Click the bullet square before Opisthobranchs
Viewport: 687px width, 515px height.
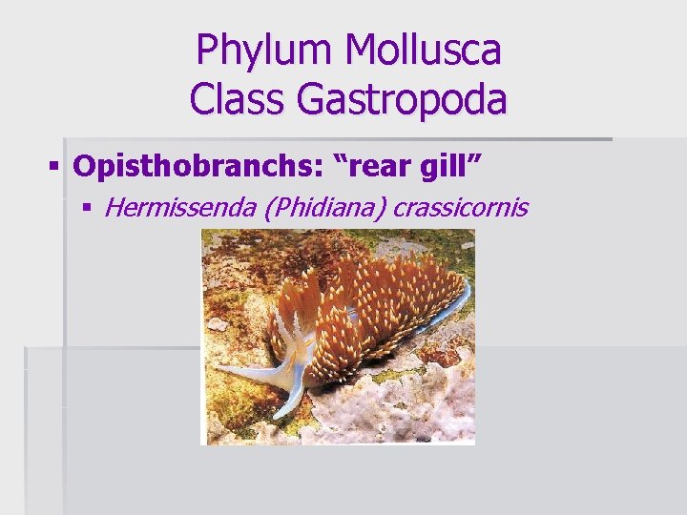(53, 168)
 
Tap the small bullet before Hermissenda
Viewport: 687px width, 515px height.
(89, 207)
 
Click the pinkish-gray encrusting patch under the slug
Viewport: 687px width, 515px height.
(382, 410)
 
